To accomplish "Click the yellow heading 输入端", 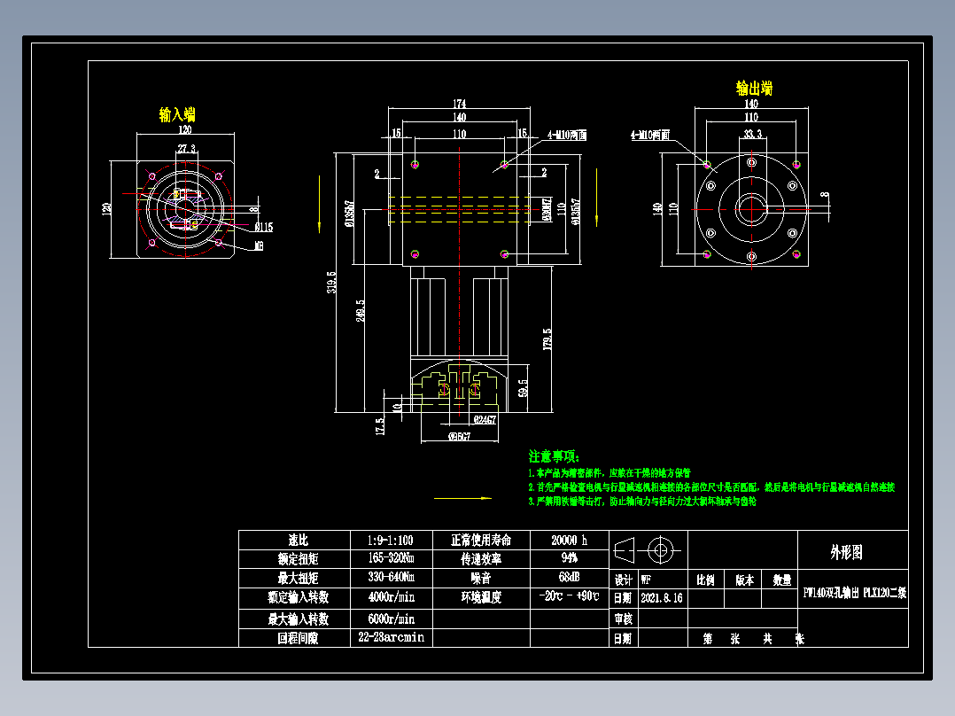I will pos(177,114).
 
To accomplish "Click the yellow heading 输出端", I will pos(754,89).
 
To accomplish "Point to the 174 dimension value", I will pos(459,104).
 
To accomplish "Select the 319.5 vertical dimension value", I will pos(331,282).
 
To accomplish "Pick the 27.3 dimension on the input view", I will pos(187,148).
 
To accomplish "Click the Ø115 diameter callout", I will pos(263,227).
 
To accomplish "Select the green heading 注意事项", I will pos(554,456).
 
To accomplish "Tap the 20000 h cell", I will pos(569,540).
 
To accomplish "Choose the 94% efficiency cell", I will pos(569,558).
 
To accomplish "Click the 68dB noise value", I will pos(569,578).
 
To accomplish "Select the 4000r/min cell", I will pos(391,597).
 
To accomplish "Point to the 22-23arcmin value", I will pos(391,637).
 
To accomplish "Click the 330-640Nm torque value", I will pos(391,578).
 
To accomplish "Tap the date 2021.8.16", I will pos(661,598).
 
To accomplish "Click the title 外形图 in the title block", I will pos(846,552).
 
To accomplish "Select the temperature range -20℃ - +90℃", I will pos(569,597).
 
